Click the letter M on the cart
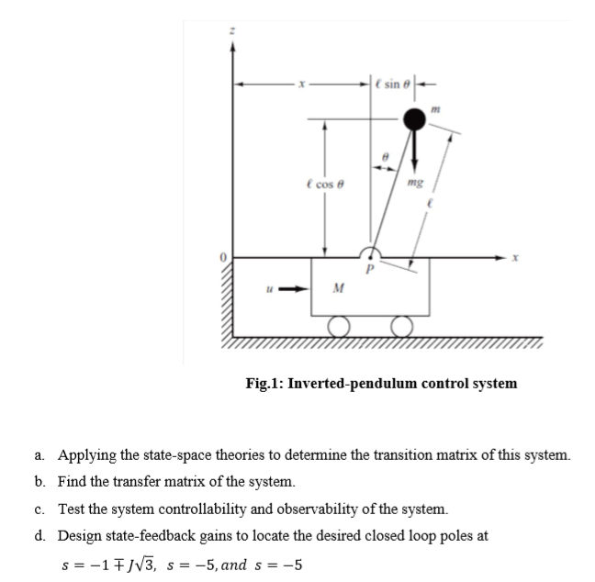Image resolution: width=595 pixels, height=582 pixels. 339,290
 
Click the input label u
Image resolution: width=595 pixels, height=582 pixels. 269,286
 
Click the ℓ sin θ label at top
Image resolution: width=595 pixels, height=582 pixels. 390,84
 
